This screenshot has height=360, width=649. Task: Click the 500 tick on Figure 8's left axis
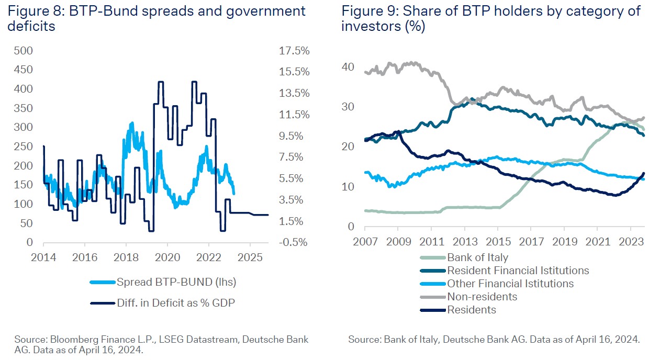pos(24,51)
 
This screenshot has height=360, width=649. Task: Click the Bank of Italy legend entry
pos(477,257)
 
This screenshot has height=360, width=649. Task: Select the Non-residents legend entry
pos(482,297)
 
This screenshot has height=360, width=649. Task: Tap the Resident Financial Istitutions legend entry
pos(518,271)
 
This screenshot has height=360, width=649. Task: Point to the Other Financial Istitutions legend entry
pos(510,284)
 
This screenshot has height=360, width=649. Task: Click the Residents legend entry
pos(471,310)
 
